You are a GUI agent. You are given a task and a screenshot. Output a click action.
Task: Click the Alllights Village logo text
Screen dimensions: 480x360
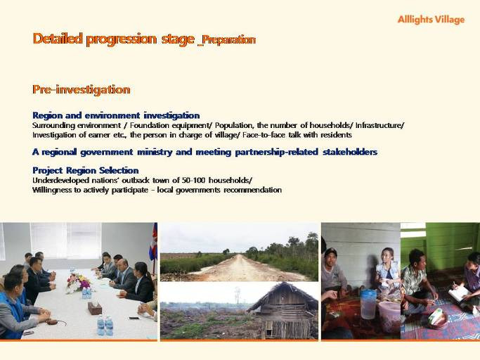[x=431, y=20]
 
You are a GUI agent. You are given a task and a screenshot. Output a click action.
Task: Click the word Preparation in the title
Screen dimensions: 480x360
[x=228, y=39]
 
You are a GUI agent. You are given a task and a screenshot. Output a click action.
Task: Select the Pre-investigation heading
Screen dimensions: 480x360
[x=82, y=89]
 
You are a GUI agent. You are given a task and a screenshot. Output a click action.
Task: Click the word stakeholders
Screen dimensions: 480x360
[x=350, y=152]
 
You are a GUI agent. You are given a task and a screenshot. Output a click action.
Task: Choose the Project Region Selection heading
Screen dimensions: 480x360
[x=86, y=170]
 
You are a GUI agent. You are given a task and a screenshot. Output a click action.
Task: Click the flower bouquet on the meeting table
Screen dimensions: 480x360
[x=78, y=283]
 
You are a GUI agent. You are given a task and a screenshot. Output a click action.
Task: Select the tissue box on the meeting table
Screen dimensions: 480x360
[x=95, y=307]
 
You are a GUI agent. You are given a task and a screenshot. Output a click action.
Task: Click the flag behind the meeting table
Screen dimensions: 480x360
[x=153, y=242]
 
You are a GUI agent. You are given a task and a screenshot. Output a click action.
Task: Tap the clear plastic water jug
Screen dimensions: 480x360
[x=368, y=304]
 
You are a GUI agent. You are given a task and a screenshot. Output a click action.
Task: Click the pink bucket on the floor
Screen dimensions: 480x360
[x=389, y=316]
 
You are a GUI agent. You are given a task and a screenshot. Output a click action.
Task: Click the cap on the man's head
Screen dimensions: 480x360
[x=330, y=252]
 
